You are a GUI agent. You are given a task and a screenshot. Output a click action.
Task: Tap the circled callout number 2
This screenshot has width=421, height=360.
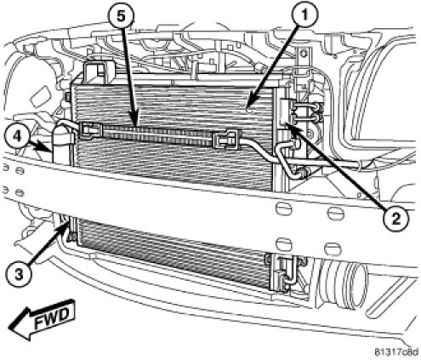(395, 219)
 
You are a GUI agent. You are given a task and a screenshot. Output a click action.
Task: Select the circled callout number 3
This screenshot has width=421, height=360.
(19, 275)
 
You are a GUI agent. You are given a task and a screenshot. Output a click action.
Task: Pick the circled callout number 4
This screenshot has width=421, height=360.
(18, 137)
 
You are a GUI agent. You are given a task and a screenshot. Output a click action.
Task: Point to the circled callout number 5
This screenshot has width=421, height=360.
(120, 16)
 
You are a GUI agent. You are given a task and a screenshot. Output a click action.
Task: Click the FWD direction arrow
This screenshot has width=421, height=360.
(41, 317)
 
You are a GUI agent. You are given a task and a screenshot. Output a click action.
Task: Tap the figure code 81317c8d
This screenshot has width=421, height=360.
(395, 352)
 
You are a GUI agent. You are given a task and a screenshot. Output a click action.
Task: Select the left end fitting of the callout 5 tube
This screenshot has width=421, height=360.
(91, 129)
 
